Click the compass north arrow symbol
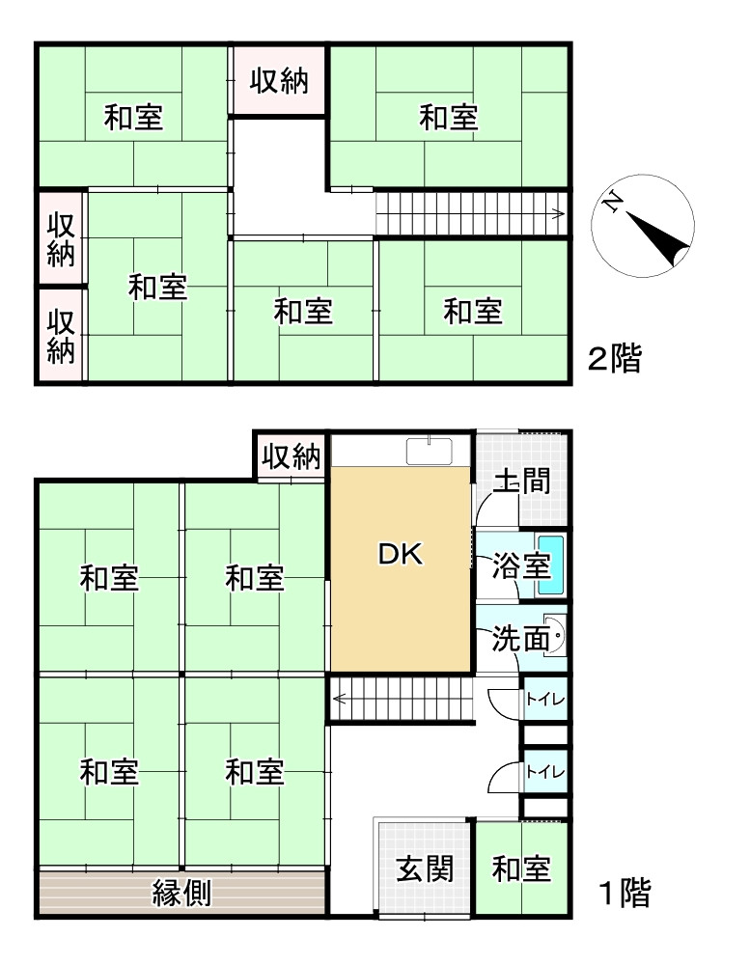658,237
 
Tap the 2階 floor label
615,360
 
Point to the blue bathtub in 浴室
548,565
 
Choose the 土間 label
521,481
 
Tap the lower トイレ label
544,772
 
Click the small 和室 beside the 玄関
521,869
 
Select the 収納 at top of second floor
280,81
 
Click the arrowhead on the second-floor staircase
559,214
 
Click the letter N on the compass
611,203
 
